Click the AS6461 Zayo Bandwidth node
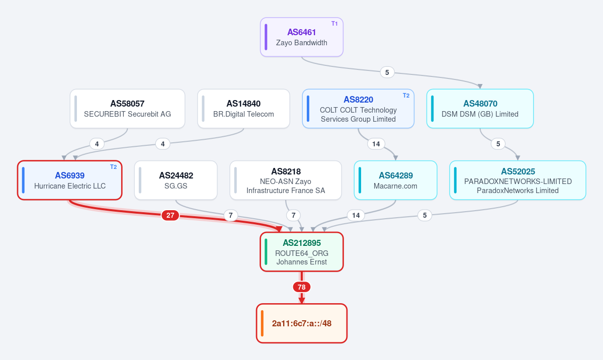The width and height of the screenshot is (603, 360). coord(302,37)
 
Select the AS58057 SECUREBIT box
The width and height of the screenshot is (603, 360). coord(127,109)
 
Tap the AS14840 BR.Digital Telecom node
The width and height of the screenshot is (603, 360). coord(243,109)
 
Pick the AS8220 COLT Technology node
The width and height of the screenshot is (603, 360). coord(358,109)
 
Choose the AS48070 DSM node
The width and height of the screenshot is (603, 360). coord(480,109)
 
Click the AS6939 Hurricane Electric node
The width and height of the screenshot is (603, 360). coord(69,181)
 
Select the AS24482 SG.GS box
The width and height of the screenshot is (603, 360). coord(176,181)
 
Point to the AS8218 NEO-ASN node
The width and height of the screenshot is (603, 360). coord(286,181)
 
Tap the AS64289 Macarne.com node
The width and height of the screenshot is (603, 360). coord(395,181)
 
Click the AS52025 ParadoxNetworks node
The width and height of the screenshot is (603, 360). coord(518,181)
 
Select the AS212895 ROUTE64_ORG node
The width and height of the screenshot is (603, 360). coord(302,252)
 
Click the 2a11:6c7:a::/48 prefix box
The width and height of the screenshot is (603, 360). coord(302,323)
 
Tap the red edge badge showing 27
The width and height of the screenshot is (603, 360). coord(170,215)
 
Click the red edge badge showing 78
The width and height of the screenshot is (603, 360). coord(302,287)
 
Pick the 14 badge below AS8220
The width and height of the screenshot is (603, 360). coord(376,144)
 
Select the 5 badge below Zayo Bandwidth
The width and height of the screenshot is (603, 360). coord(387,72)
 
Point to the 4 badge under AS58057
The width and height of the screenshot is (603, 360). coord(97,144)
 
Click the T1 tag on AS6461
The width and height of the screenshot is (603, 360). coord(334,24)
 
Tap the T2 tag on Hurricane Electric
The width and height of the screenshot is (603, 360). coord(114,167)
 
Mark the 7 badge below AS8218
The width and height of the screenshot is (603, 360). coord(293,215)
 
